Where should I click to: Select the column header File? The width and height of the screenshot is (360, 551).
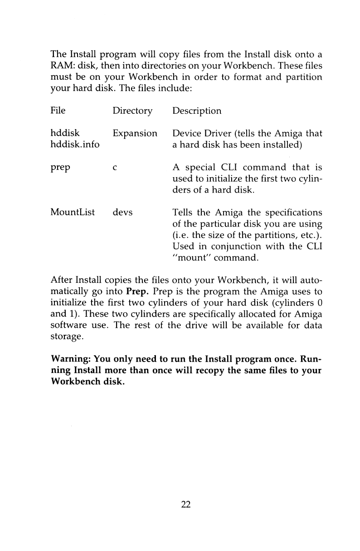coord(58,111)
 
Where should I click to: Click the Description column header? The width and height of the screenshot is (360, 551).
coord(197,111)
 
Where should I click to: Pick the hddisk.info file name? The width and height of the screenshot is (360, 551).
coord(75,145)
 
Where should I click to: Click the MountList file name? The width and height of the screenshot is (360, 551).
coord(73,212)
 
